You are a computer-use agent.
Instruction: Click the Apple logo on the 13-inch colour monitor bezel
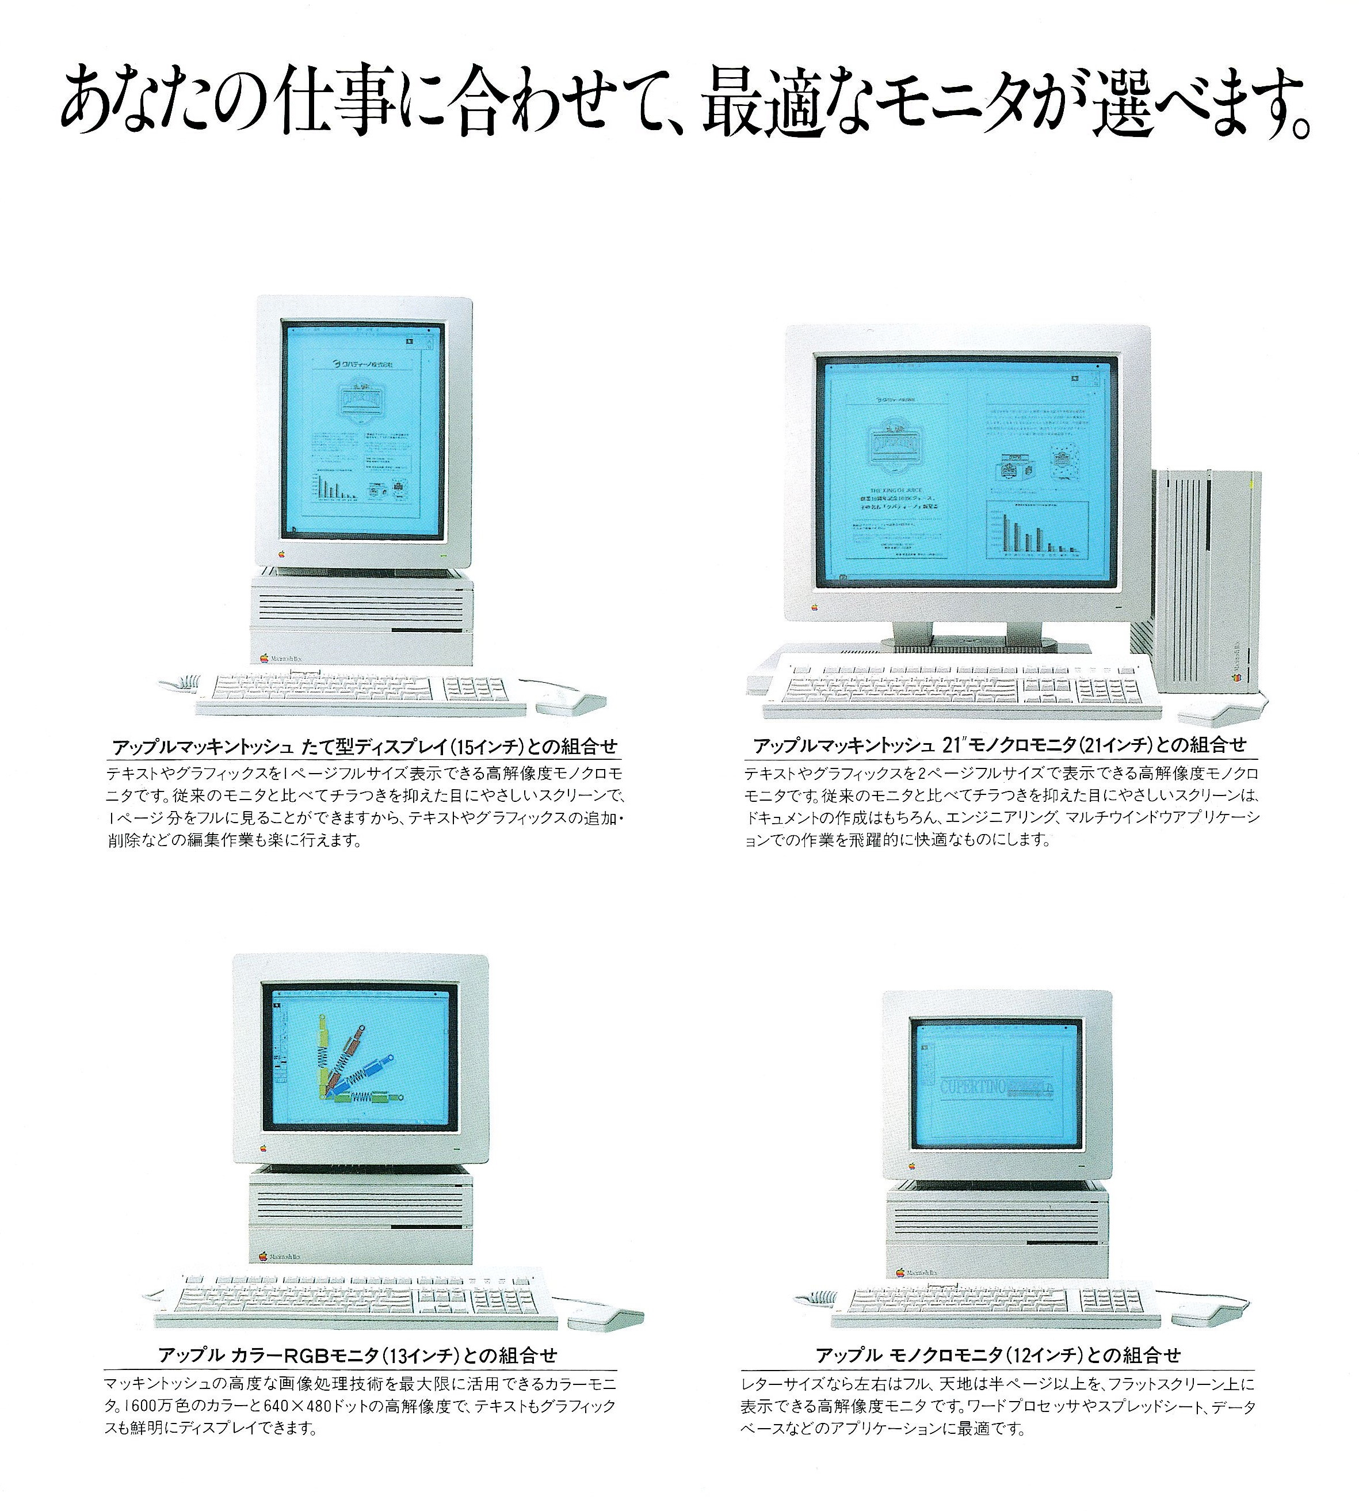pos(264,1150)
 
